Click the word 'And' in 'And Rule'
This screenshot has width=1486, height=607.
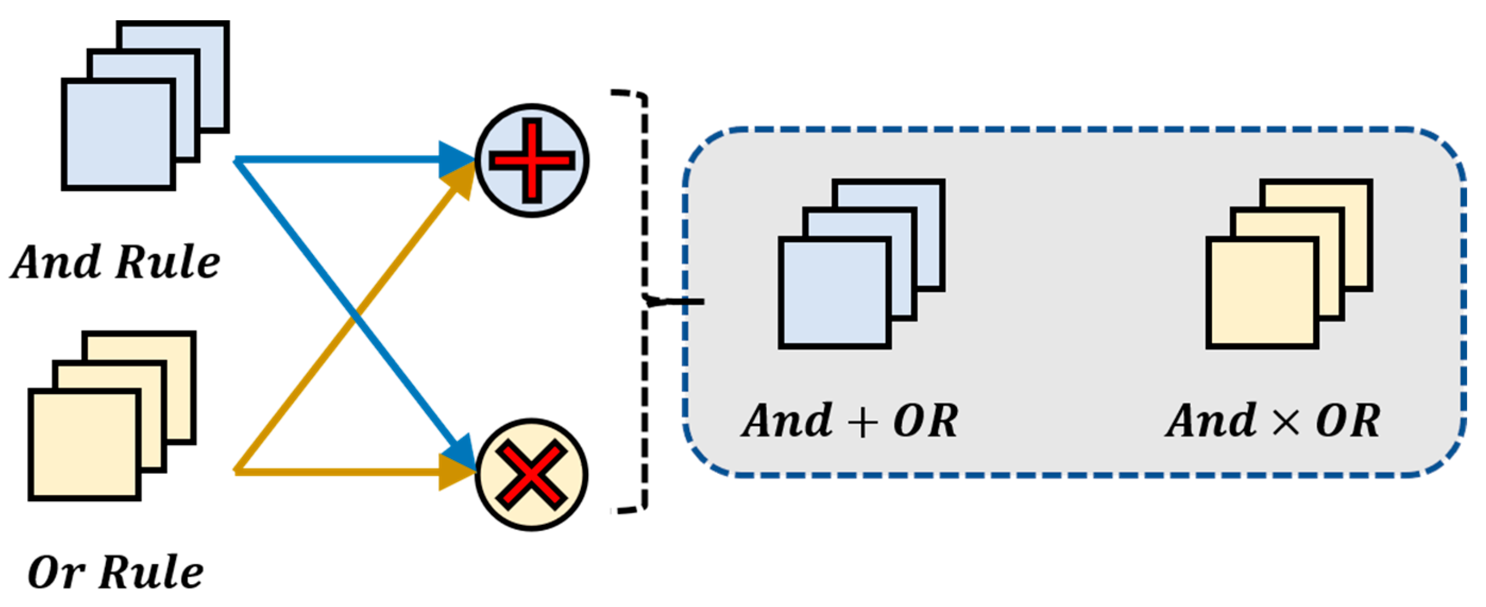56,262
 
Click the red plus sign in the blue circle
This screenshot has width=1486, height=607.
532,160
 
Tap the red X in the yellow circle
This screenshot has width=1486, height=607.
531,474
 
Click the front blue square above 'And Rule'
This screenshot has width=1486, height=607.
118,134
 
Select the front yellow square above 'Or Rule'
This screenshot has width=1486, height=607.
85,445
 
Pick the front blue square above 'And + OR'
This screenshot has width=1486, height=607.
835,293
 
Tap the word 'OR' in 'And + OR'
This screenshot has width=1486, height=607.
925,420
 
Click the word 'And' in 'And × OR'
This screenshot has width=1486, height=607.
1211,420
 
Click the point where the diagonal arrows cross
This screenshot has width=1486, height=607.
356,316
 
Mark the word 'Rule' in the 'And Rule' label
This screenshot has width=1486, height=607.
168,262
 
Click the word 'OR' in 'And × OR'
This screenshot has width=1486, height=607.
1348,420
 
